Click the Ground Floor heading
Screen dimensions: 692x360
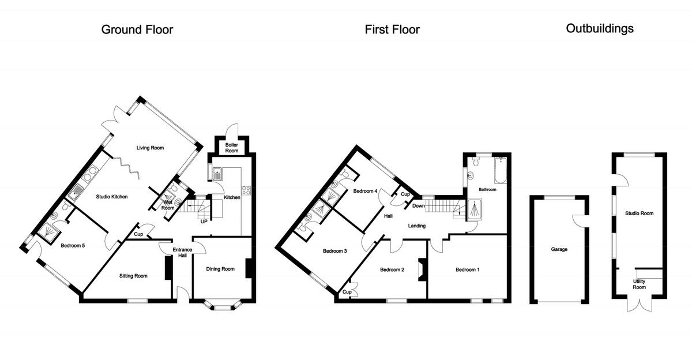tap(137, 29)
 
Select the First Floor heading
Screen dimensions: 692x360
tap(392, 29)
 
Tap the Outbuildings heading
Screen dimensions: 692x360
tap(600, 28)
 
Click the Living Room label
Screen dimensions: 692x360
tap(150, 148)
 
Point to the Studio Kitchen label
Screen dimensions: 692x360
tap(112, 197)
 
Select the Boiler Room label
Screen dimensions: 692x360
tap(231, 148)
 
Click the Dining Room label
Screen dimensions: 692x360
tap(220, 269)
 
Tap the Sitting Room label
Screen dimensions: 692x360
tap(133, 276)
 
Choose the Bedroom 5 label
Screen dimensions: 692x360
tap(73, 246)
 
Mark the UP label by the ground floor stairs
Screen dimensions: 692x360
tap(204, 221)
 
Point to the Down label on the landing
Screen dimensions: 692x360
tap(419, 206)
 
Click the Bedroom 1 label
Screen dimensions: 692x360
tap(467, 269)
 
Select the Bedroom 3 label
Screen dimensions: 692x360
tap(334, 251)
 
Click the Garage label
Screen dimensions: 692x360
tap(559, 249)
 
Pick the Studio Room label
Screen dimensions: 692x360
tap(640, 213)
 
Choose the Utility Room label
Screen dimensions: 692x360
tap(640, 284)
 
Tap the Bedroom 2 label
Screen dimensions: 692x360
tap(392, 269)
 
